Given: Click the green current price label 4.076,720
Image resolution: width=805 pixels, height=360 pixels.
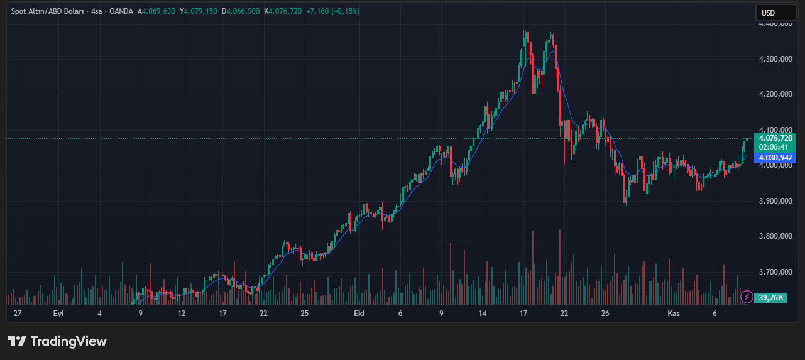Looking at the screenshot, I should click(x=775, y=138).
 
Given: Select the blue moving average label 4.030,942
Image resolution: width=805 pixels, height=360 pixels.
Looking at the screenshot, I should click(x=775, y=157).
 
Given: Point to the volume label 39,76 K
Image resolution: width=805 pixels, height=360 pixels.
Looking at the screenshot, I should click(x=771, y=297).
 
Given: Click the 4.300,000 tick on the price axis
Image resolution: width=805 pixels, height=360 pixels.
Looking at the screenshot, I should click(x=775, y=59).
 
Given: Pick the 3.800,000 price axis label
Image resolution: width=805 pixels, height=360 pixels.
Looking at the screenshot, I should click(x=775, y=236).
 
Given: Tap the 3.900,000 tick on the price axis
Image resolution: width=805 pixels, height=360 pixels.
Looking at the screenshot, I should click(x=775, y=201).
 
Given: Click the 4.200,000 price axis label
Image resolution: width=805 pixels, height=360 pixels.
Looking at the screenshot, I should click(x=775, y=94).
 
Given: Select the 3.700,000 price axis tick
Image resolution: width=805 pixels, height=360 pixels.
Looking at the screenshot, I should click(x=775, y=272).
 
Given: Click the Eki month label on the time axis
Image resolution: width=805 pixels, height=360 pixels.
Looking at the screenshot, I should click(x=359, y=313).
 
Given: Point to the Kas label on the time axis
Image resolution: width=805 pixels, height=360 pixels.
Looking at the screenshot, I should click(x=673, y=313).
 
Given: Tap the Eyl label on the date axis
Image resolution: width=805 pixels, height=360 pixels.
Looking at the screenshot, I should click(x=58, y=313).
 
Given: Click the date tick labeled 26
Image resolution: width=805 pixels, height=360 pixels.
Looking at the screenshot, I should click(x=605, y=313).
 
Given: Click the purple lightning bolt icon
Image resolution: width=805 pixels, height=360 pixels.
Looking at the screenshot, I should click(x=747, y=297).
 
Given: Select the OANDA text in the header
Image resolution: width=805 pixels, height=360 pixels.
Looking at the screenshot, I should click(x=121, y=11).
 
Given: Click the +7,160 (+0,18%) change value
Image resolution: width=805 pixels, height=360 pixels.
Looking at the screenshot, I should click(x=332, y=11).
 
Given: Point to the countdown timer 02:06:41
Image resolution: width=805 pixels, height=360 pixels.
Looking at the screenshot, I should click(x=773, y=147).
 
